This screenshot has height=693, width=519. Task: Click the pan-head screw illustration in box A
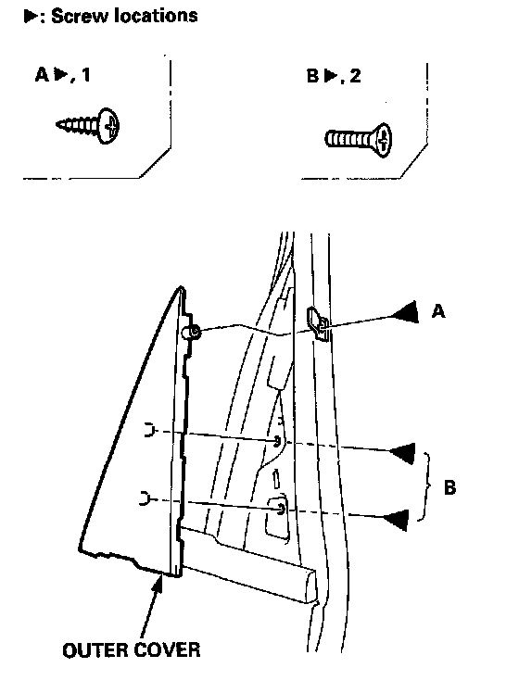click(88, 125)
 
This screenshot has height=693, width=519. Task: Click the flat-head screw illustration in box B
click(359, 140)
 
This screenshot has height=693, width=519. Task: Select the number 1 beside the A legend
click(86, 75)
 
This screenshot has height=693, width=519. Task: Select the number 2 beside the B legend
click(355, 76)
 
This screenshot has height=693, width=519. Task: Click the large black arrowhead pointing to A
click(405, 312)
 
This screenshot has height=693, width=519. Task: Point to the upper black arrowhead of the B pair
click(403, 453)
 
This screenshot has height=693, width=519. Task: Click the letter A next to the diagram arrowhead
click(438, 312)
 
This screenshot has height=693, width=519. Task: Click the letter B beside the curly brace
click(449, 488)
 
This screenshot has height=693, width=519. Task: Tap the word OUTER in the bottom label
click(94, 650)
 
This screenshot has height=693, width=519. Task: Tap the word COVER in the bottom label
click(166, 650)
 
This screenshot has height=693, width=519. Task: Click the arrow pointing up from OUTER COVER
click(152, 609)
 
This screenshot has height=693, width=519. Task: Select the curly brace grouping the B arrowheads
click(424, 486)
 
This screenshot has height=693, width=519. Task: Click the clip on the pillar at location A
click(318, 323)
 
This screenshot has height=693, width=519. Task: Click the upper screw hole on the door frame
click(278, 441)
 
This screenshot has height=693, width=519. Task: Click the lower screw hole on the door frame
click(281, 510)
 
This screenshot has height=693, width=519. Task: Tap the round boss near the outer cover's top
click(193, 332)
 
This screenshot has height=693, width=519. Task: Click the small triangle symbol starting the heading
click(31, 17)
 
